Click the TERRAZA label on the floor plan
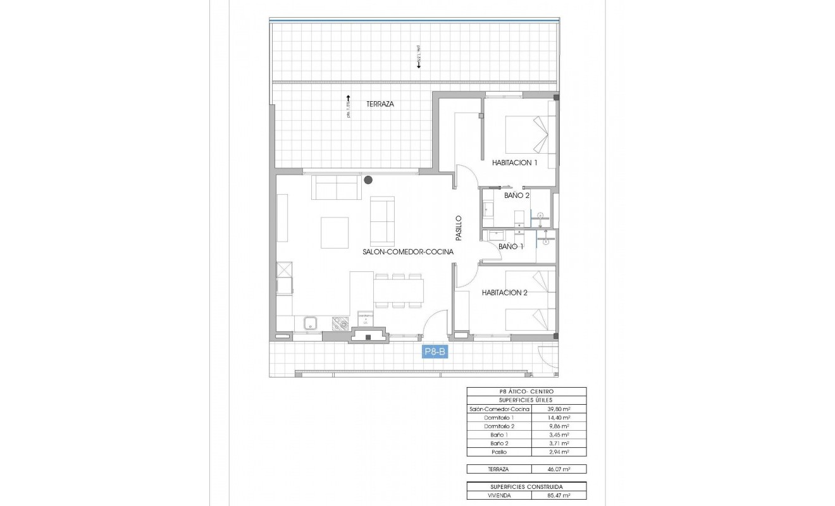(x=380, y=104)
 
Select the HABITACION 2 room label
(x=504, y=292)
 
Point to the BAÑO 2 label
(x=516, y=195)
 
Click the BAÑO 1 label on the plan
(x=511, y=246)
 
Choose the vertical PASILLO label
(x=459, y=228)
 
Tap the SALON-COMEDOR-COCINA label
(x=408, y=252)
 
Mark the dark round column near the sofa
(x=368, y=180)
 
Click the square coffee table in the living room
(x=334, y=233)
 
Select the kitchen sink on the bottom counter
(x=311, y=323)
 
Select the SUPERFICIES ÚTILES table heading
(x=526, y=400)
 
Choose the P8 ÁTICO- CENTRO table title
(x=526, y=392)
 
